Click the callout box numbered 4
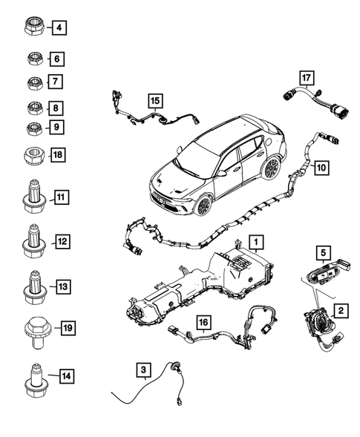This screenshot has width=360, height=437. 59,29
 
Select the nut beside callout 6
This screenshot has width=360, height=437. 33,58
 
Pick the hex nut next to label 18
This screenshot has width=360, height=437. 33,156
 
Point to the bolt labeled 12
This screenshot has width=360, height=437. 34,242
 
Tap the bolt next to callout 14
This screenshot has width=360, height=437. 34,378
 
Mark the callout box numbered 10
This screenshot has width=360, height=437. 321,168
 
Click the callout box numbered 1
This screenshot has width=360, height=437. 255,242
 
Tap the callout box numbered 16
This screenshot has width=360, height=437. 203,321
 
